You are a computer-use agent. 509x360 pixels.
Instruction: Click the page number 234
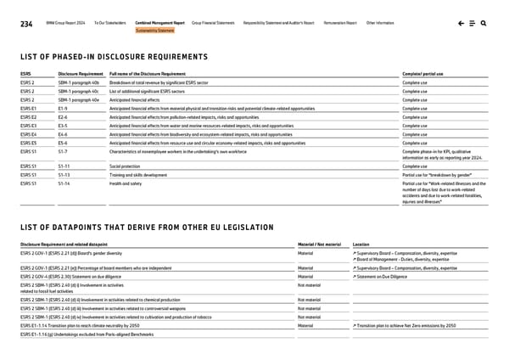(x=25, y=24)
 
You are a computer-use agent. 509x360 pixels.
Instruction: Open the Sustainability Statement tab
(x=155, y=31)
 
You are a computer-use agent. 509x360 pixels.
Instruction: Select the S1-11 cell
(x=64, y=166)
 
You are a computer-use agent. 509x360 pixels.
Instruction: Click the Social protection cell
(x=125, y=166)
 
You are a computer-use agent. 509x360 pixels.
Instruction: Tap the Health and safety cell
(x=126, y=183)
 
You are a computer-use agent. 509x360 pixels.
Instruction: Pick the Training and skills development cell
(x=138, y=174)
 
